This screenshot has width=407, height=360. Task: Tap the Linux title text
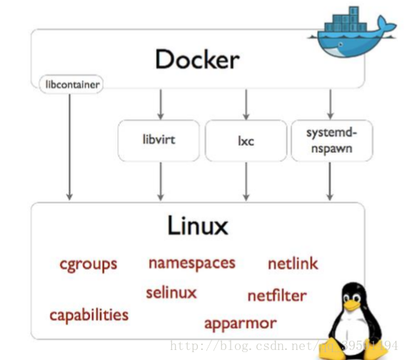pos(198,226)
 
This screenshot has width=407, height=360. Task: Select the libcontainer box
pos(69,85)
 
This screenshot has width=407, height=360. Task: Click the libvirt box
pos(159,139)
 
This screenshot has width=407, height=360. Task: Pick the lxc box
pos(246,140)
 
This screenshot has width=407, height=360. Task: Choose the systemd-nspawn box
pos(329,140)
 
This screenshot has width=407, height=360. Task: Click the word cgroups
pos(88,264)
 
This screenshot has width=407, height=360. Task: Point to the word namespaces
pos(191,262)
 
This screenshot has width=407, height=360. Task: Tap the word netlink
pos(293,264)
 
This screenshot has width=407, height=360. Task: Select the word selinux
pos(171,292)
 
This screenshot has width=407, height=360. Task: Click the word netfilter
pos(277,295)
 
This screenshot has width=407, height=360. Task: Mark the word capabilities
pos(89,314)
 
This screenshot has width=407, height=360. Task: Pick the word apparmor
pos(240,323)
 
